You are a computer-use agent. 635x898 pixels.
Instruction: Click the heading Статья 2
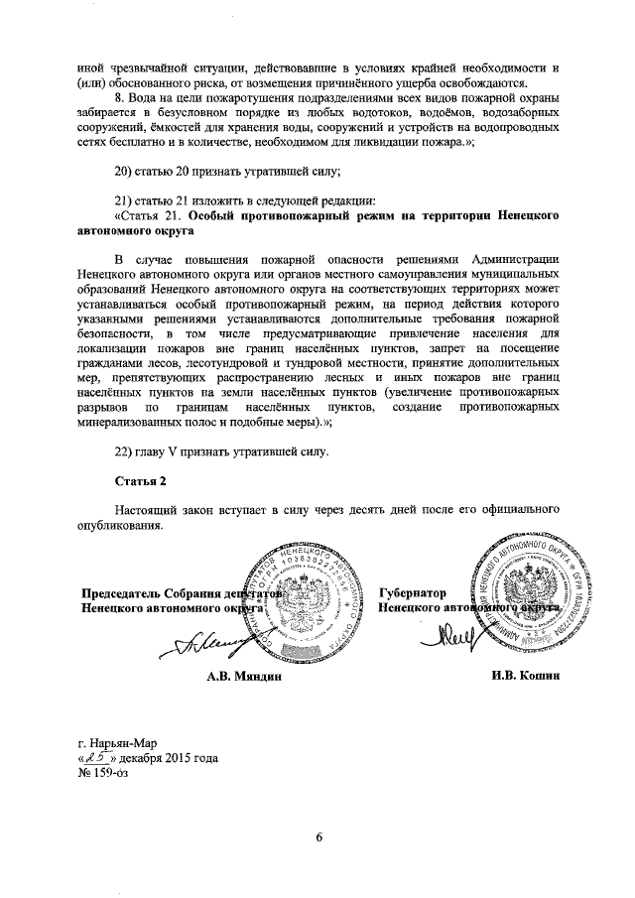tap(135, 481)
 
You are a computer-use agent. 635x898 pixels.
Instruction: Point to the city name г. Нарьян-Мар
tap(111, 741)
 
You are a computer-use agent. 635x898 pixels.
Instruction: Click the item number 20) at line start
tap(125, 170)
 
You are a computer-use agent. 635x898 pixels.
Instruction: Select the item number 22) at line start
tap(125, 452)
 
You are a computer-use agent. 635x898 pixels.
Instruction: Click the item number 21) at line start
tap(125, 198)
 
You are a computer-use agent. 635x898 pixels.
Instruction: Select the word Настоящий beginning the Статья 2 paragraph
tap(147, 509)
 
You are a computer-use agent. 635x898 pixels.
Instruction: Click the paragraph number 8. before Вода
tap(121, 97)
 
